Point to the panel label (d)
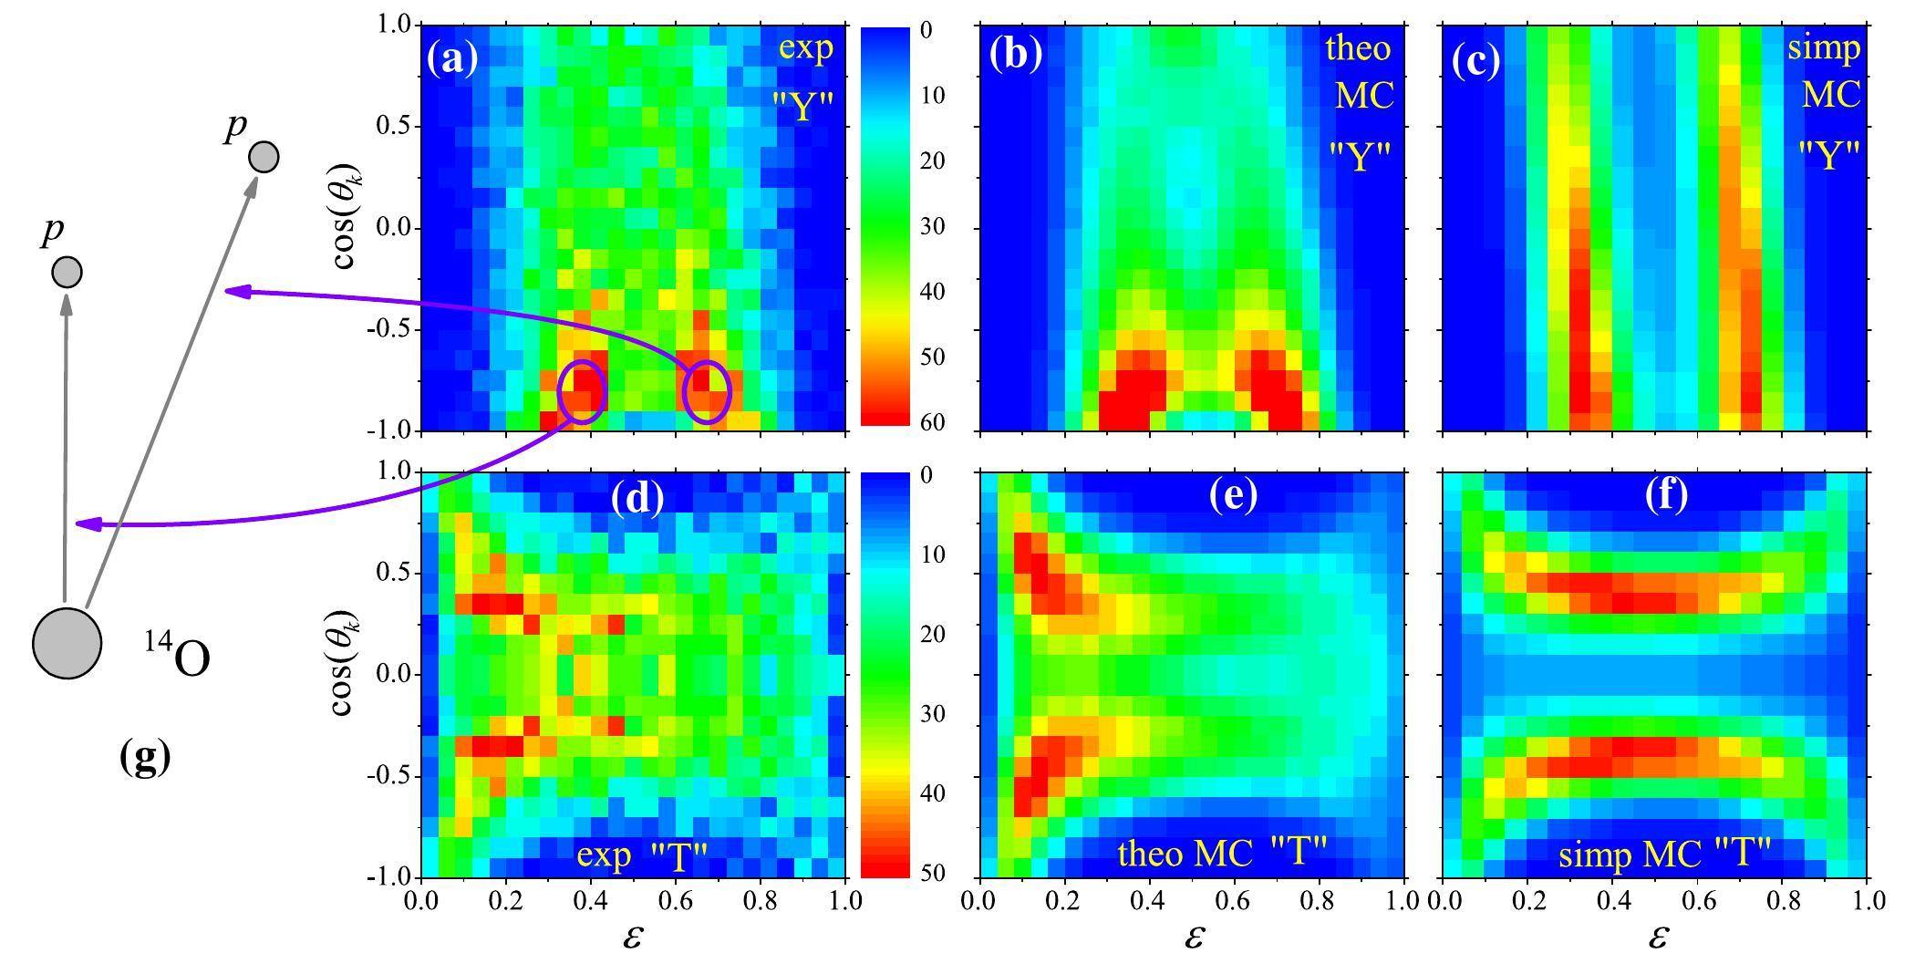637,496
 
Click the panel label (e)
1232,494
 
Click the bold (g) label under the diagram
145,756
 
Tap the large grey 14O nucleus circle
67,643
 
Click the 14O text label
177,654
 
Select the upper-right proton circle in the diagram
264,157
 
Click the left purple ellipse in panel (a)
582,392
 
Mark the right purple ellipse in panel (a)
707,392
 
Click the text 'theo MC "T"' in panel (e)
1222,853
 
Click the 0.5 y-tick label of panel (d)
394,574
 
